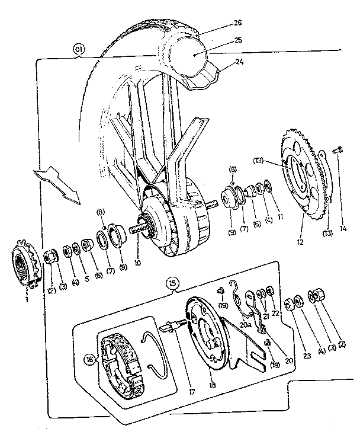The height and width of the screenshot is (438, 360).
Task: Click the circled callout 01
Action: point(78,50)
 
